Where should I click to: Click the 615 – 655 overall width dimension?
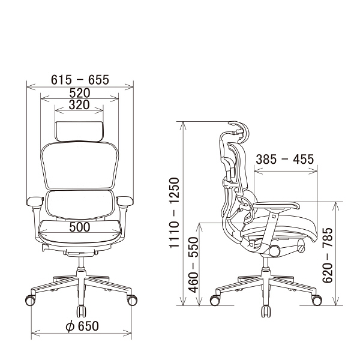click(x=80, y=80)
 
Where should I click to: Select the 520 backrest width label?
click(x=80, y=93)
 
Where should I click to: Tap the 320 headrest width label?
click(x=79, y=105)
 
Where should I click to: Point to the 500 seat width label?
click(x=80, y=227)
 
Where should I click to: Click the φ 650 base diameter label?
click(x=82, y=326)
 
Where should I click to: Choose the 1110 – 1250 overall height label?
click(x=174, y=212)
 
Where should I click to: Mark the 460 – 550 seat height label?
click(x=193, y=265)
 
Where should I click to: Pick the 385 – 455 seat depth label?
click(x=284, y=160)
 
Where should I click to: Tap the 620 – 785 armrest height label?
click(x=328, y=255)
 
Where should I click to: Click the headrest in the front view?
click(x=79, y=131)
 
